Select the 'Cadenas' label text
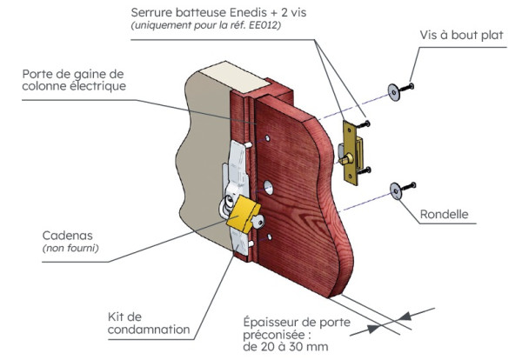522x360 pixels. click(x=67, y=236)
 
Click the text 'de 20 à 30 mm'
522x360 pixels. click(x=284, y=347)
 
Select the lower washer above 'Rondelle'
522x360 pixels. click(x=397, y=187)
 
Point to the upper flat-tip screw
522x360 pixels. click(x=411, y=85)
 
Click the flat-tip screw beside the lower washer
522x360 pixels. click(x=412, y=185)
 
